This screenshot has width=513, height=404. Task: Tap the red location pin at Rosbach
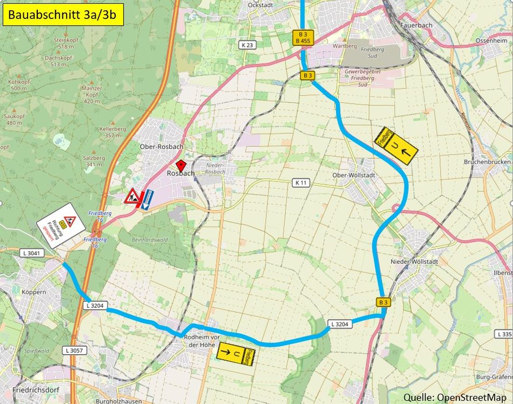tap(180, 165)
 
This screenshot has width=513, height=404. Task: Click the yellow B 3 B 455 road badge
tap(303, 37)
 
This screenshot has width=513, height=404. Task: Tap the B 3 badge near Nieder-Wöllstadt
tap(383, 302)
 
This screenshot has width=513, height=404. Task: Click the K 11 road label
tap(301, 183)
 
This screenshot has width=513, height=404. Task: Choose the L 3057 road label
tap(74, 349)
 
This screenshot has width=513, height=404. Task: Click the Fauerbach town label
tap(416, 25)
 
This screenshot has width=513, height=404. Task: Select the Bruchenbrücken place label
tap(487, 162)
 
